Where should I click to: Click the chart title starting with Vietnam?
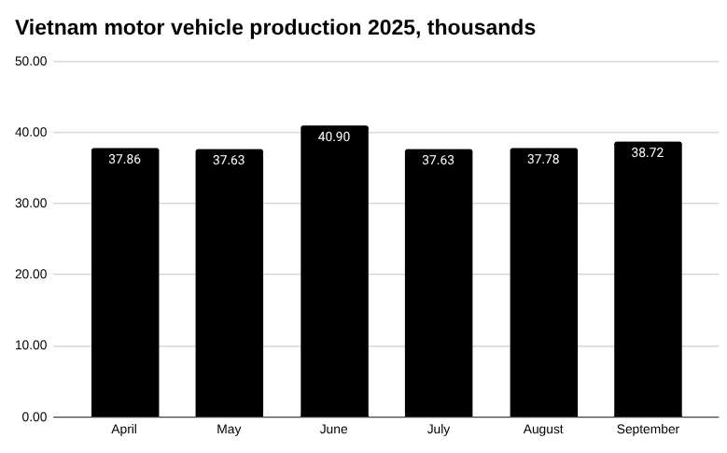[x=275, y=28]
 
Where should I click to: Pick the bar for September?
[x=648, y=279]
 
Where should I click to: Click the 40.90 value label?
[x=334, y=137]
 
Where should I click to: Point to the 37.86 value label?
[x=125, y=160]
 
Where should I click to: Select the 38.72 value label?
[x=648, y=152]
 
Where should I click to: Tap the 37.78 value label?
[x=543, y=160]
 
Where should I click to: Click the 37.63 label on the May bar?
[x=229, y=161]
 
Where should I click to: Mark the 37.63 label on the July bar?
[x=439, y=161]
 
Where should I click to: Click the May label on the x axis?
[x=229, y=430]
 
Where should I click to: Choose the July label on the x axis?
[x=439, y=430]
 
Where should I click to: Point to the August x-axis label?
[x=543, y=430]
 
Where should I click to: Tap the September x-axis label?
[x=648, y=430]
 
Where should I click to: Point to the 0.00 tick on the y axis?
[x=35, y=417]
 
